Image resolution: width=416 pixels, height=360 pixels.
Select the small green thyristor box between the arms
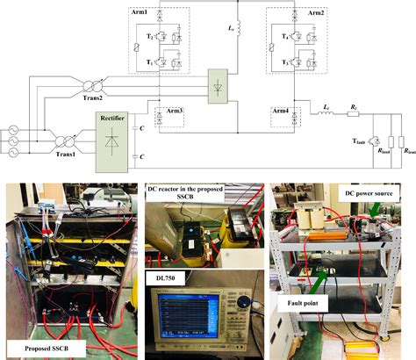tap(216, 87)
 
